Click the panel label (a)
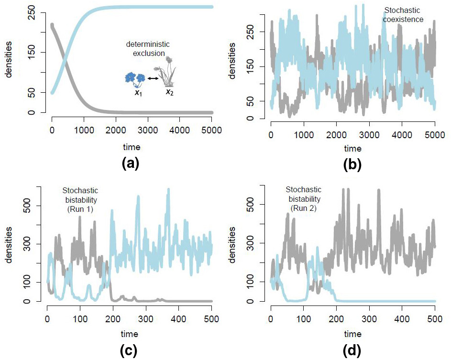(130, 164)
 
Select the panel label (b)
(352, 164)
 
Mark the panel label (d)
(352, 350)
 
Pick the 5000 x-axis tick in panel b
(435, 136)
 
